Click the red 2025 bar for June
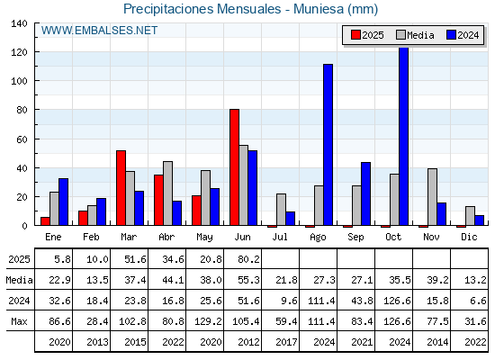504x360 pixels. [234, 167]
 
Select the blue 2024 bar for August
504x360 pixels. [328, 145]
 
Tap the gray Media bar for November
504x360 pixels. [432, 197]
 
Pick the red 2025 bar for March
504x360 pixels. [121, 188]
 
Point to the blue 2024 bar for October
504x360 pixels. [404, 136]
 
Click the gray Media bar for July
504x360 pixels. [281, 209]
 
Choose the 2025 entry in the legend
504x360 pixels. [367, 35]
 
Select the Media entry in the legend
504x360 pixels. [415, 35]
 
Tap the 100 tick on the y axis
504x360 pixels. [19, 81]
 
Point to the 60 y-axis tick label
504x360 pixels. [22, 139]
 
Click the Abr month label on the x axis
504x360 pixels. [166, 237]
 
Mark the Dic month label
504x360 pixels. [469, 237]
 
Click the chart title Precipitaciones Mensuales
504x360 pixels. [202, 9]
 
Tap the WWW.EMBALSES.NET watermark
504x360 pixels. [99, 31]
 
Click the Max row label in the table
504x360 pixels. [19, 321]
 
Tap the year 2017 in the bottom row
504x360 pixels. [286, 342]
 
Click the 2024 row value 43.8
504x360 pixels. [362, 301]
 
